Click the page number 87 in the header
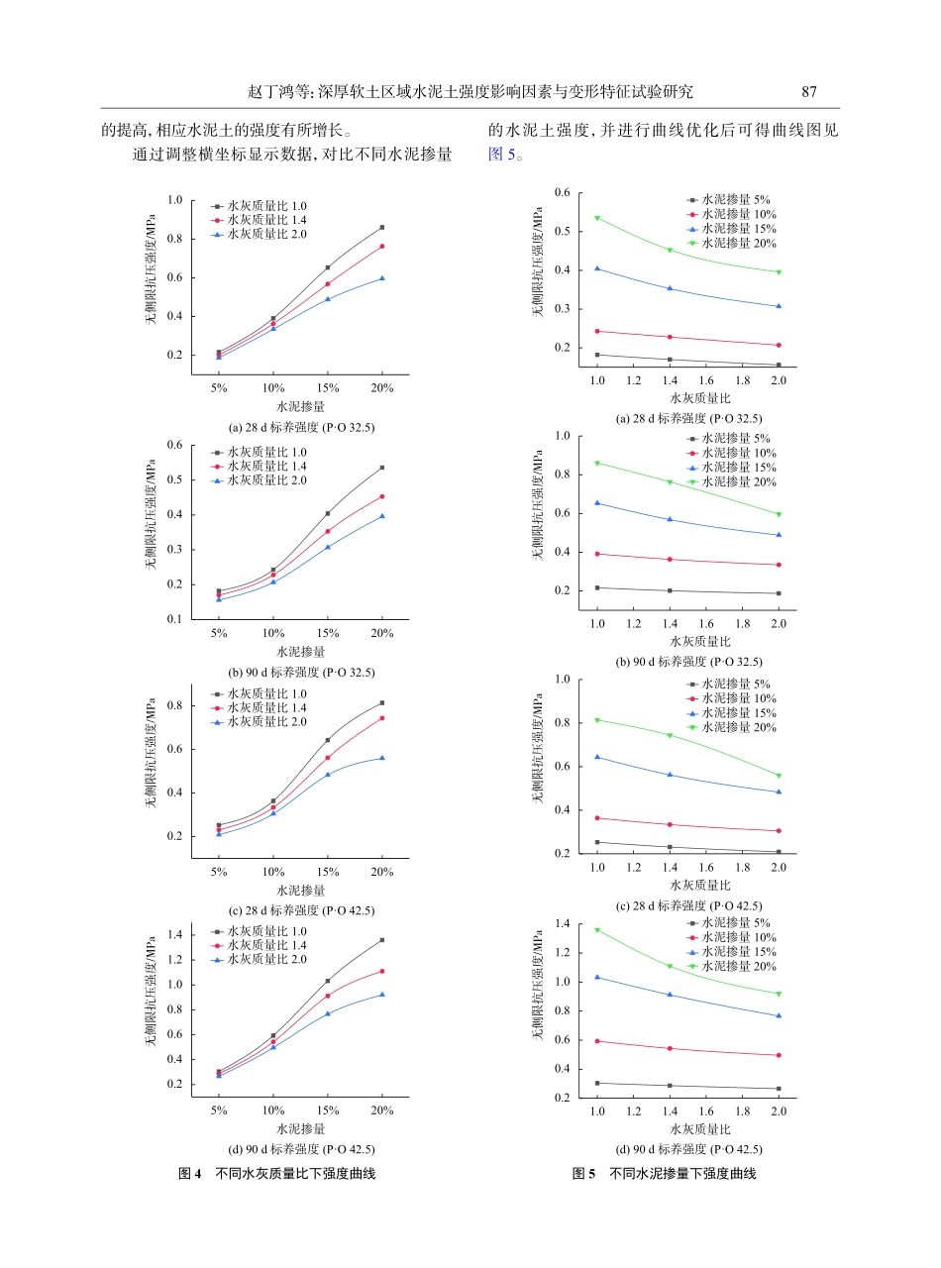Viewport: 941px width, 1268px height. click(808, 92)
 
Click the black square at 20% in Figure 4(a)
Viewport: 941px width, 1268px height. click(382, 227)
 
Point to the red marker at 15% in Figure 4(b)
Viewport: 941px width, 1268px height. click(328, 531)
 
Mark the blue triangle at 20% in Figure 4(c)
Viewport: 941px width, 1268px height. click(382, 758)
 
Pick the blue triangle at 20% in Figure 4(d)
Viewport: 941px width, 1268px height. click(382, 994)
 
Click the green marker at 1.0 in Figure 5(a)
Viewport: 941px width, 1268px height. click(597, 217)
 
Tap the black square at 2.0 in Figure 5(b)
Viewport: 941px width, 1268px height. click(779, 593)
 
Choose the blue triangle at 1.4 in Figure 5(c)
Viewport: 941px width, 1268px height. click(670, 775)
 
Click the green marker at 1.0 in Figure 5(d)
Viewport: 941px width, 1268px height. click(597, 929)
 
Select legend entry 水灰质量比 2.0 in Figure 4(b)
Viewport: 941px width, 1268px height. click(266, 480)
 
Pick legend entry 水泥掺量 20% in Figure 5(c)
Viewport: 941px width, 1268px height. click(738, 727)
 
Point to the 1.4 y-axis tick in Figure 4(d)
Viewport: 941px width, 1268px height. click(174, 934)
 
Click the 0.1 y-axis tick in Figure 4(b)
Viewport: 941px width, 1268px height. click(174, 619)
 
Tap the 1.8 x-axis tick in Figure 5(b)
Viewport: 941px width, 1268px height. click(742, 622)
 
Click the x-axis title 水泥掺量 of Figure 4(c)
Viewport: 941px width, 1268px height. click(300, 890)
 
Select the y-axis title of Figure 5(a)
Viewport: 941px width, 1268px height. click(538, 261)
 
